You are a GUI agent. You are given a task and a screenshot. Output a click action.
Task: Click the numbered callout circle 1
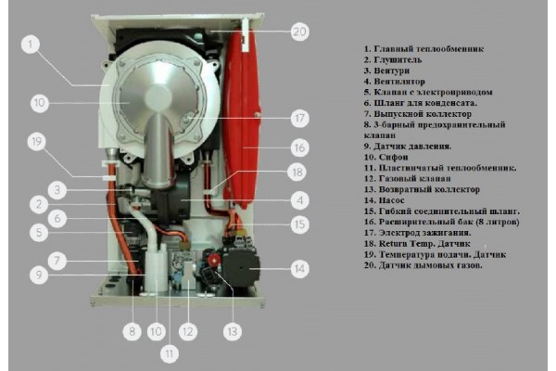tap(32, 44)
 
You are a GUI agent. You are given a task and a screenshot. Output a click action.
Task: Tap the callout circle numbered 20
tap(298, 31)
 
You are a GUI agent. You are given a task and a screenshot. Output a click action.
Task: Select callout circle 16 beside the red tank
tap(298, 147)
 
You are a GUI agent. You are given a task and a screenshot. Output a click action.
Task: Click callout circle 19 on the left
tap(36, 142)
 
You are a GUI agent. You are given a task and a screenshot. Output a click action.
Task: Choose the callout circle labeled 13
tap(230, 329)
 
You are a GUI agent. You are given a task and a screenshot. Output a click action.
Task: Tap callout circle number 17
tap(298, 119)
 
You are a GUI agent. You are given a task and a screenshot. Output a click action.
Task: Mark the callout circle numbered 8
tap(133, 328)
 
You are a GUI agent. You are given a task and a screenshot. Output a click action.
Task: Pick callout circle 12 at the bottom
tap(188, 329)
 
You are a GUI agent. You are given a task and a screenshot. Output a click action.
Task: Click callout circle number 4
tap(298, 198)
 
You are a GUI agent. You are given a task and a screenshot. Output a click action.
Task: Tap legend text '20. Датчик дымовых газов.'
tap(423, 265)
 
